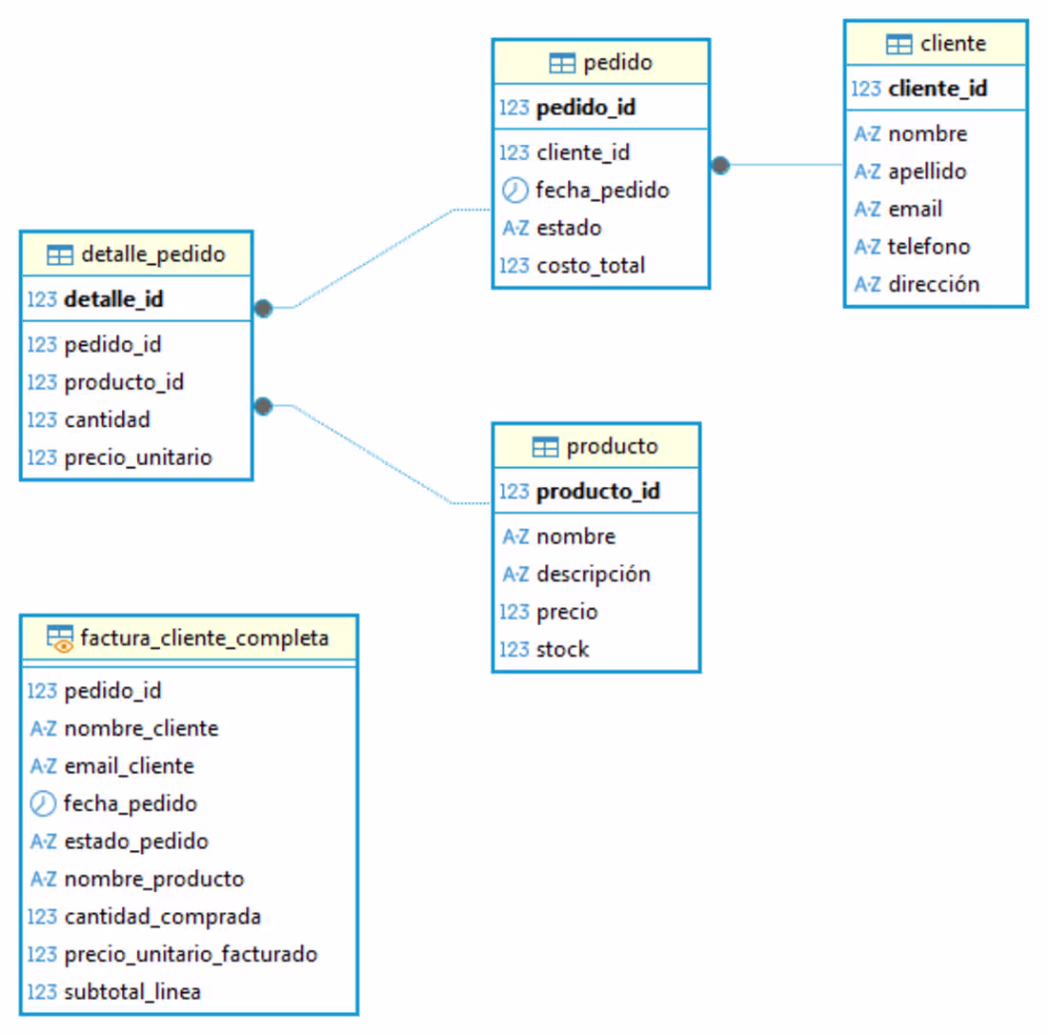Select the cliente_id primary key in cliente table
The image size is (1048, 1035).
pos(937,89)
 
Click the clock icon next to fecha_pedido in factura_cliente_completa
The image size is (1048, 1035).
pos(44,803)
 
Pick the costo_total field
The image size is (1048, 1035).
pos(591,266)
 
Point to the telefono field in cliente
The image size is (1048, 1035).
pos(928,247)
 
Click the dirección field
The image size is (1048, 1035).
pos(933,284)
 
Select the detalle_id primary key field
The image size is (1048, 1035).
pos(113,299)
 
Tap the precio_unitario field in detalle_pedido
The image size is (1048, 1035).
pos(137,457)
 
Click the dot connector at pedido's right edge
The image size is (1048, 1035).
pos(721,165)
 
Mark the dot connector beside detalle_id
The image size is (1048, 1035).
pos(264,308)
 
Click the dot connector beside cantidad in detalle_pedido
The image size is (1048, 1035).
pos(264,407)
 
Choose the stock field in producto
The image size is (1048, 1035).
pos(562,650)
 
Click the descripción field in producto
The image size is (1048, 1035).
pos(593,574)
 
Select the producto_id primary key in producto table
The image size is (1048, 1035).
pos(597,492)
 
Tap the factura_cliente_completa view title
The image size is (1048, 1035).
pos(205,638)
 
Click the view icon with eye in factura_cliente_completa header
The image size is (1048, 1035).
pos(60,639)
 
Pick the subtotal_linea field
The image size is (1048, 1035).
pos(132,991)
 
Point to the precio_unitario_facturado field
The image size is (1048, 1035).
pos(191,954)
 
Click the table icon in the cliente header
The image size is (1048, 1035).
pos(898,44)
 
